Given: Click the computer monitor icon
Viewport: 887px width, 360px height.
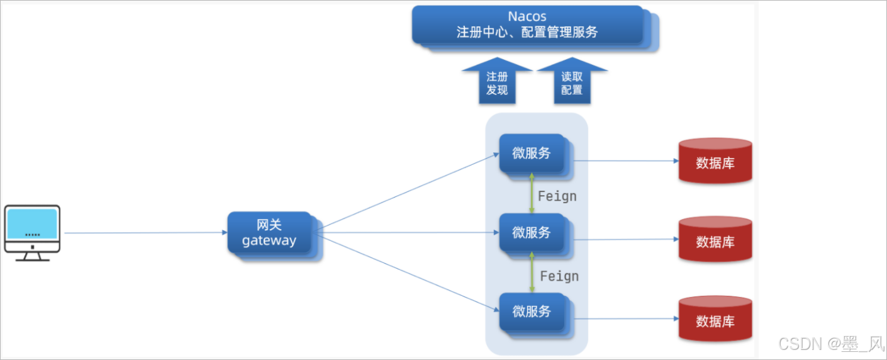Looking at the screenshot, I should click(32, 230).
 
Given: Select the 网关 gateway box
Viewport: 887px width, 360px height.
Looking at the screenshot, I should click(270, 233).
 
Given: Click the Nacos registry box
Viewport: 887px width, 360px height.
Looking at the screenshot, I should click(528, 25).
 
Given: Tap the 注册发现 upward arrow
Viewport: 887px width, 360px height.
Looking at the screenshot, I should click(497, 82).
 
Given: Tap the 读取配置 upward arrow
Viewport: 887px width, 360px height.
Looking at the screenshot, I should click(572, 82).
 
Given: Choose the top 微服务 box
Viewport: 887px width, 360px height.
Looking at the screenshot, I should click(532, 153).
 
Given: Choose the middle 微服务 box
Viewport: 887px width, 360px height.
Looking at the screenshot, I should click(532, 233).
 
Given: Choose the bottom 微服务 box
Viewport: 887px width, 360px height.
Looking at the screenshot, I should click(532, 312).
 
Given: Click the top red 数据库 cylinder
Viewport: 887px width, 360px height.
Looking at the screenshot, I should click(715, 162).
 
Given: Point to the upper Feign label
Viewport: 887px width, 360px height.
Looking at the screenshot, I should click(557, 196).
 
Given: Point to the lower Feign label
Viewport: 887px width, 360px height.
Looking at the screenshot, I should click(559, 276).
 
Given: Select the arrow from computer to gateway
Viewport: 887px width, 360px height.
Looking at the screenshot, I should click(145, 233).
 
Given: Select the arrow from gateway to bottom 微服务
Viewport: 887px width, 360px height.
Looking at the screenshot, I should click(409, 274).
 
